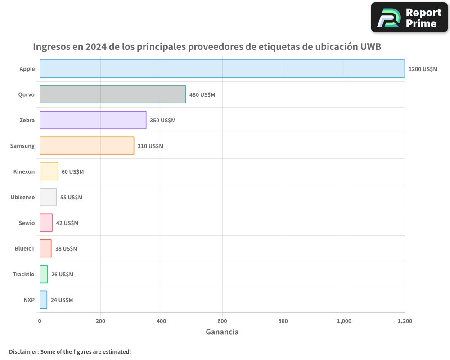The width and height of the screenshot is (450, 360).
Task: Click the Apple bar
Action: pos(222,69)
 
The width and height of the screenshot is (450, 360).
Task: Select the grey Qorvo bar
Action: pos(112,94)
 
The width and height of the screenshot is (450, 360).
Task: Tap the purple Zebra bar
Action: pos(93,120)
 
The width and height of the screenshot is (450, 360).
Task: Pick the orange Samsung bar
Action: pos(87,146)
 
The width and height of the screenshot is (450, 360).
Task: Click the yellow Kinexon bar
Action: pos(49,171)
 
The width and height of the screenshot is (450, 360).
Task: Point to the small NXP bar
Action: pos(43,300)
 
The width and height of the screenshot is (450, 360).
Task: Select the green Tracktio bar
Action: pos(44,274)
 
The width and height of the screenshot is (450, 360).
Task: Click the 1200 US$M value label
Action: pos(423,69)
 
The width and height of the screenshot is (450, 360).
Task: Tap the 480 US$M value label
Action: pos(202,95)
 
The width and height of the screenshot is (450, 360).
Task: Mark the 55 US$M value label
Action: pos(71,198)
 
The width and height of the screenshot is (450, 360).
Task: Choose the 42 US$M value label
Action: pos(67,223)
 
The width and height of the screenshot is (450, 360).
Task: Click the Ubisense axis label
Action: pos(22,197)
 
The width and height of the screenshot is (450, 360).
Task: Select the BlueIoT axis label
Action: pos(24,248)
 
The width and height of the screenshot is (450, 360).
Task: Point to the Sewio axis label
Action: pos(27,223)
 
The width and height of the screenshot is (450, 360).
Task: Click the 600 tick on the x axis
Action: pos(222,321)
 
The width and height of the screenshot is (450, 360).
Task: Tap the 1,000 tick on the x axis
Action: pos(344,321)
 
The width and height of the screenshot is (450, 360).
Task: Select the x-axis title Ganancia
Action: pos(222,332)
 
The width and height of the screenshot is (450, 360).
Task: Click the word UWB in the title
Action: pos(371,47)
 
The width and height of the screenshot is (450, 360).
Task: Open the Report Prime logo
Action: pos(409,18)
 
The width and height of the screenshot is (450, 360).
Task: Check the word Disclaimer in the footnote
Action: pos(23,351)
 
